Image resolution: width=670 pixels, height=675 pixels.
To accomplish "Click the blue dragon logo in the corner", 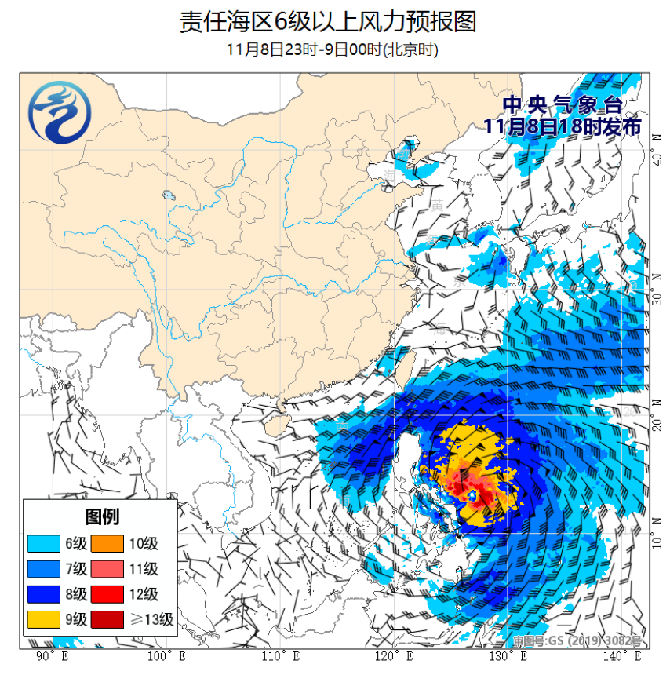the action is (58, 114).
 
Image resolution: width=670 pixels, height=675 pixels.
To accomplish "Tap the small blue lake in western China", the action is (168, 195).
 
